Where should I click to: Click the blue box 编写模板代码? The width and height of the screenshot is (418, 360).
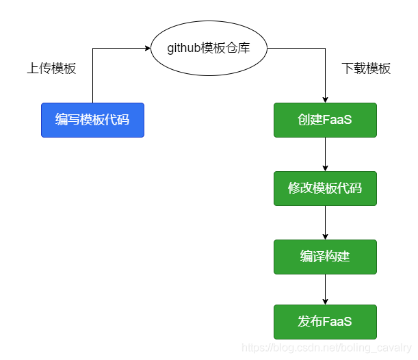[92, 120]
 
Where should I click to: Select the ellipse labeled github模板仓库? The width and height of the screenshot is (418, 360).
[209, 48]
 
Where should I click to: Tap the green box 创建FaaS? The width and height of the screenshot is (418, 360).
[325, 120]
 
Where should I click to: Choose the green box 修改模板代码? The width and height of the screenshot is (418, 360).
[325, 188]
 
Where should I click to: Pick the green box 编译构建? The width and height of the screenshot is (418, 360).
[325, 257]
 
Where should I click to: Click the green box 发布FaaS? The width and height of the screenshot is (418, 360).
[325, 322]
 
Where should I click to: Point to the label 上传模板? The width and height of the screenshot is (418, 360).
[51, 68]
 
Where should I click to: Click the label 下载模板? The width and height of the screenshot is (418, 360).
[366, 68]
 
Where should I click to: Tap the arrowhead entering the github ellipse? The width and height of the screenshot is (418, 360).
[147, 48]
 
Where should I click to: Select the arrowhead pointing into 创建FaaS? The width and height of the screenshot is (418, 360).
[325, 99]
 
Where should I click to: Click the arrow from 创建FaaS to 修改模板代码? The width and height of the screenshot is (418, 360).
[325, 154]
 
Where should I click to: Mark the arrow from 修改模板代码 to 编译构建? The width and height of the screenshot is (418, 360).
[325, 222]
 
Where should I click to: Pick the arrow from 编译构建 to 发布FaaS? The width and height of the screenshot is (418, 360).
[325, 290]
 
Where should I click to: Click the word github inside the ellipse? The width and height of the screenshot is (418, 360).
[184, 48]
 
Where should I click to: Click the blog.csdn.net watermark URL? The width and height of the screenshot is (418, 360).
[326, 348]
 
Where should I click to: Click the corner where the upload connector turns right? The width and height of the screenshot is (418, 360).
[92, 48]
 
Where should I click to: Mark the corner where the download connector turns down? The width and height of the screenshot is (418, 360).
[325, 48]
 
